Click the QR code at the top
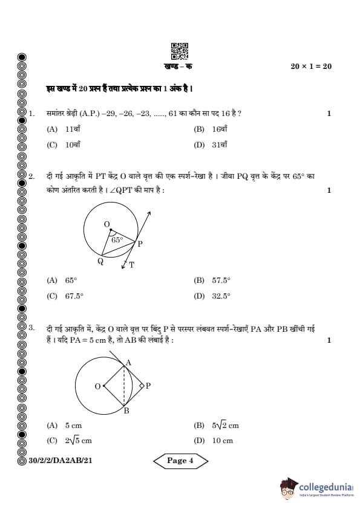pyautogui.click(x=180, y=50)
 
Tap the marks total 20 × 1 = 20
pyautogui.click(x=310, y=66)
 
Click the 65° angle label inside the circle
pyautogui.click(x=117, y=240)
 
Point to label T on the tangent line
pyautogui.click(x=132, y=265)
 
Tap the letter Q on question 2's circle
pyautogui.click(x=100, y=261)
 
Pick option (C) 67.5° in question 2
pyautogui.click(x=65, y=296)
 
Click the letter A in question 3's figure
pyautogui.click(x=127, y=363)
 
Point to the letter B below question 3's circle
pyautogui.click(x=126, y=411)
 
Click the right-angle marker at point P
pyautogui.click(x=142, y=385)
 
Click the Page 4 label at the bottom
pyautogui.click(x=180, y=461)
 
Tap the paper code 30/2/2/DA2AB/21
pyautogui.click(x=61, y=461)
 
